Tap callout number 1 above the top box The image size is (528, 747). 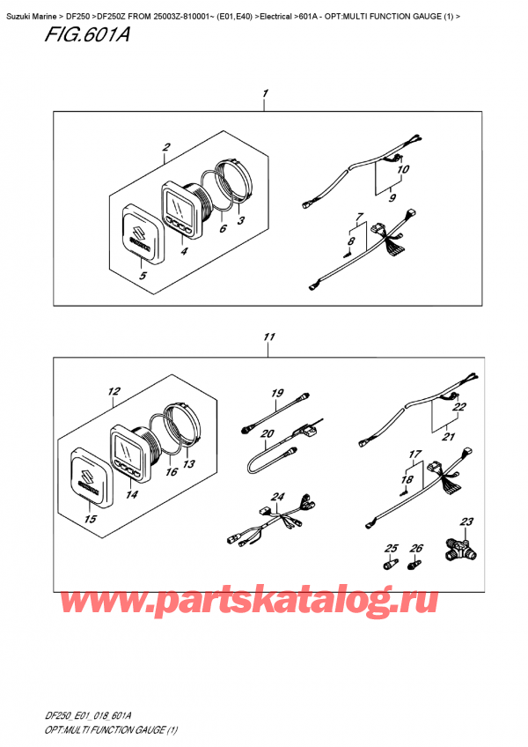click(265, 92)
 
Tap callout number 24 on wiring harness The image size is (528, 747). click(278, 497)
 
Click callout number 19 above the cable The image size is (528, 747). click(276, 392)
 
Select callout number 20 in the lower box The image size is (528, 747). click(268, 433)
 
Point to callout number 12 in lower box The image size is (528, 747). click(113, 391)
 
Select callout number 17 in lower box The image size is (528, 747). click(409, 455)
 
